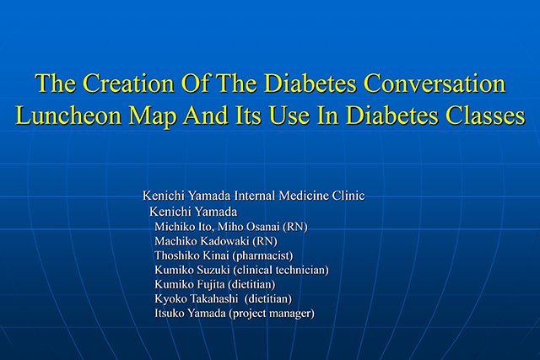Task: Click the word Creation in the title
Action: coord(128,83)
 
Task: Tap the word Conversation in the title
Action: coord(435,83)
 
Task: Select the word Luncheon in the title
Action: coord(68,115)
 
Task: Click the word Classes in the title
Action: coord(485,115)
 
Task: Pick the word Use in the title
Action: coord(289,115)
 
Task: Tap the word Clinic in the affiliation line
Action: coord(348,196)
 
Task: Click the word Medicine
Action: coord(304,196)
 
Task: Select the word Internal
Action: coord(255,196)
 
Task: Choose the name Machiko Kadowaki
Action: coord(202,241)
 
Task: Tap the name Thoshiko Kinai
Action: coord(192,255)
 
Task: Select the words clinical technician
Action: coord(281,270)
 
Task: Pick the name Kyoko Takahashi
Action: coord(197,298)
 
